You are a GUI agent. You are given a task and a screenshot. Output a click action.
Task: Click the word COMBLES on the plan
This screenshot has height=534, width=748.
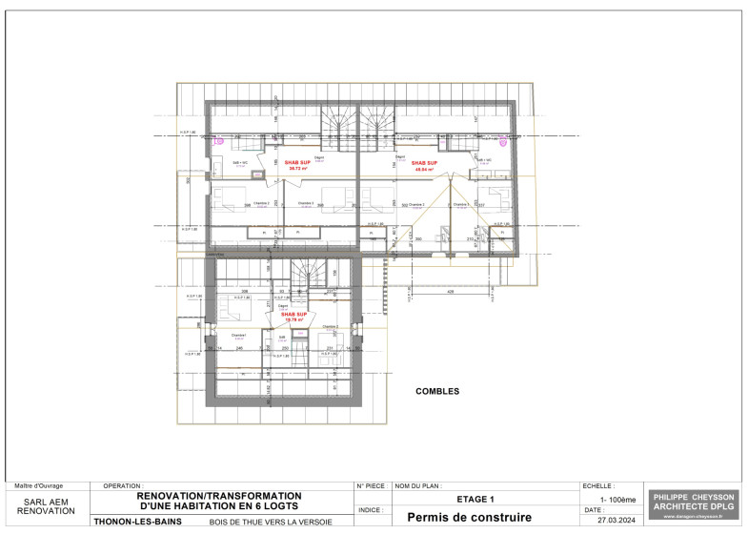(x=437, y=391)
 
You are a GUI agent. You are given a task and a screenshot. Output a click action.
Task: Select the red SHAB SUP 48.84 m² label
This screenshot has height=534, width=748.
(x=424, y=165)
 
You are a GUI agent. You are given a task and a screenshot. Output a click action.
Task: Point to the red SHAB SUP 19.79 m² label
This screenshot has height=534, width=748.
(x=293, y=317)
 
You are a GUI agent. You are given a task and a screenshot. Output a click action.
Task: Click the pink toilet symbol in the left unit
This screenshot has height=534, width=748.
(x=219, y=141)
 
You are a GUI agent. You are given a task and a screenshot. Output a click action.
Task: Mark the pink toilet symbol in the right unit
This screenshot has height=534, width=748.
(x=503, y=141)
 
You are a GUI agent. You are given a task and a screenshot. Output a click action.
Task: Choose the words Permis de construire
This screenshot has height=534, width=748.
(x=469, y=518)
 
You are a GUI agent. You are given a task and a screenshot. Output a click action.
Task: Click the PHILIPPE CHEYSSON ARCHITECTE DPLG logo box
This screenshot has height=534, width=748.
(x=693, y=504)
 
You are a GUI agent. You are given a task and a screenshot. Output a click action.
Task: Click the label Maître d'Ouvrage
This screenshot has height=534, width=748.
(x=38, y=486)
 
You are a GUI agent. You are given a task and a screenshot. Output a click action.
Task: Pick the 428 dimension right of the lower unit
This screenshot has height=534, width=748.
(x=448, y=293)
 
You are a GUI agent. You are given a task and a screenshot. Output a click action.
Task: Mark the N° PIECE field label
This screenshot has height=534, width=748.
(x=370, y=486)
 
